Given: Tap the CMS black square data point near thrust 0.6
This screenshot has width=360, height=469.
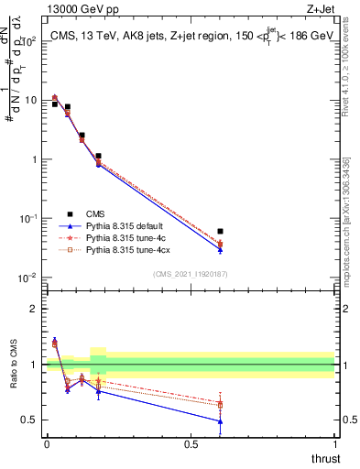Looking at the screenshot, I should pyautogui.click(x=220, y=232).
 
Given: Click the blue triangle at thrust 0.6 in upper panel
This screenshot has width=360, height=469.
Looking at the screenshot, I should pyautogui.click(x=220, y=249).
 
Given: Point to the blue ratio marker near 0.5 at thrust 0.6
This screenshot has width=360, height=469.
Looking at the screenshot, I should pyautogui.click(x=220, y=421).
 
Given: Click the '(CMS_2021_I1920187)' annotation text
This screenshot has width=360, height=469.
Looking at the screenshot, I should pyautogui.click(x=191, y=272).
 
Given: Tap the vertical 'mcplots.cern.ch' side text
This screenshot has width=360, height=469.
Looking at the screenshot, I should pyautogui.click(x=354, y=229).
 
